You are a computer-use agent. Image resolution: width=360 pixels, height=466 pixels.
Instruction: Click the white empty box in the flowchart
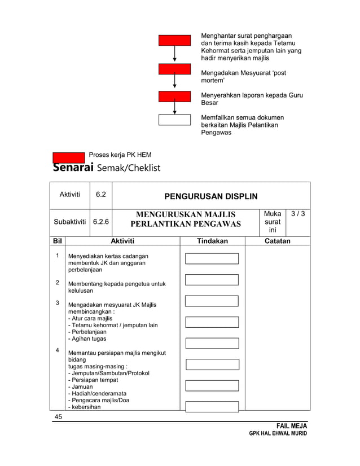174,119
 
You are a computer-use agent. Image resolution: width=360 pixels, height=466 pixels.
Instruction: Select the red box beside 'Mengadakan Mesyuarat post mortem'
174,69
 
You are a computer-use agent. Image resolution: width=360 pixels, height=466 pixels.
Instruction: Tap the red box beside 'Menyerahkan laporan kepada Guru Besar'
174,96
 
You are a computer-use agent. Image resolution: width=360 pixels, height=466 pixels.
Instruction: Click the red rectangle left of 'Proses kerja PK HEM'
69,157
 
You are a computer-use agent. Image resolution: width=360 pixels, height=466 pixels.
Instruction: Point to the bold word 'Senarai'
73,168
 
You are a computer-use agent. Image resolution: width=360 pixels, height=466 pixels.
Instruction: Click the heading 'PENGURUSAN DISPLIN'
210,196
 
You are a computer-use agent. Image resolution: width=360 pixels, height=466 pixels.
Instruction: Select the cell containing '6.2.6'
101,222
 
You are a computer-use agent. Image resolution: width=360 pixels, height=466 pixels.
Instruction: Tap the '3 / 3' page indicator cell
297,214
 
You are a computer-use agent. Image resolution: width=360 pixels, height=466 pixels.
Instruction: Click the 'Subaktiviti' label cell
70,222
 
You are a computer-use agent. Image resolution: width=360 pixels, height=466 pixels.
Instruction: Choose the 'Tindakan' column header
212,241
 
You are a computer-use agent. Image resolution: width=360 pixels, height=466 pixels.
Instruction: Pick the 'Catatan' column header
277,241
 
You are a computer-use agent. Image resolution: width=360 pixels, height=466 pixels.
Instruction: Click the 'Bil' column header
58,241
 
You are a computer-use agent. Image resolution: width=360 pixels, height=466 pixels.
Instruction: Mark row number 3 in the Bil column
58,303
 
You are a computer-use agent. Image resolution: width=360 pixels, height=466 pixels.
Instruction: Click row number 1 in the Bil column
58,256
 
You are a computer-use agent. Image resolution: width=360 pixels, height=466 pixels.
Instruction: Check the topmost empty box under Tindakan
212,258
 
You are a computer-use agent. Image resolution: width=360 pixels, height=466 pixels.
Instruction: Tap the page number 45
58,416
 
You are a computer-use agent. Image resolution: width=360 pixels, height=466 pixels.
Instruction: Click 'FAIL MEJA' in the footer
292,425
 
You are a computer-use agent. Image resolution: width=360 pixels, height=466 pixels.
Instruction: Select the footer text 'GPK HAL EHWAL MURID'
279,433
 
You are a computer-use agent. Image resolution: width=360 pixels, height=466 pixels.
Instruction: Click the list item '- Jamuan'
81,386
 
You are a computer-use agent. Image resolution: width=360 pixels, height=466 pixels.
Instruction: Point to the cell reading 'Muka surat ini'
272,222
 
